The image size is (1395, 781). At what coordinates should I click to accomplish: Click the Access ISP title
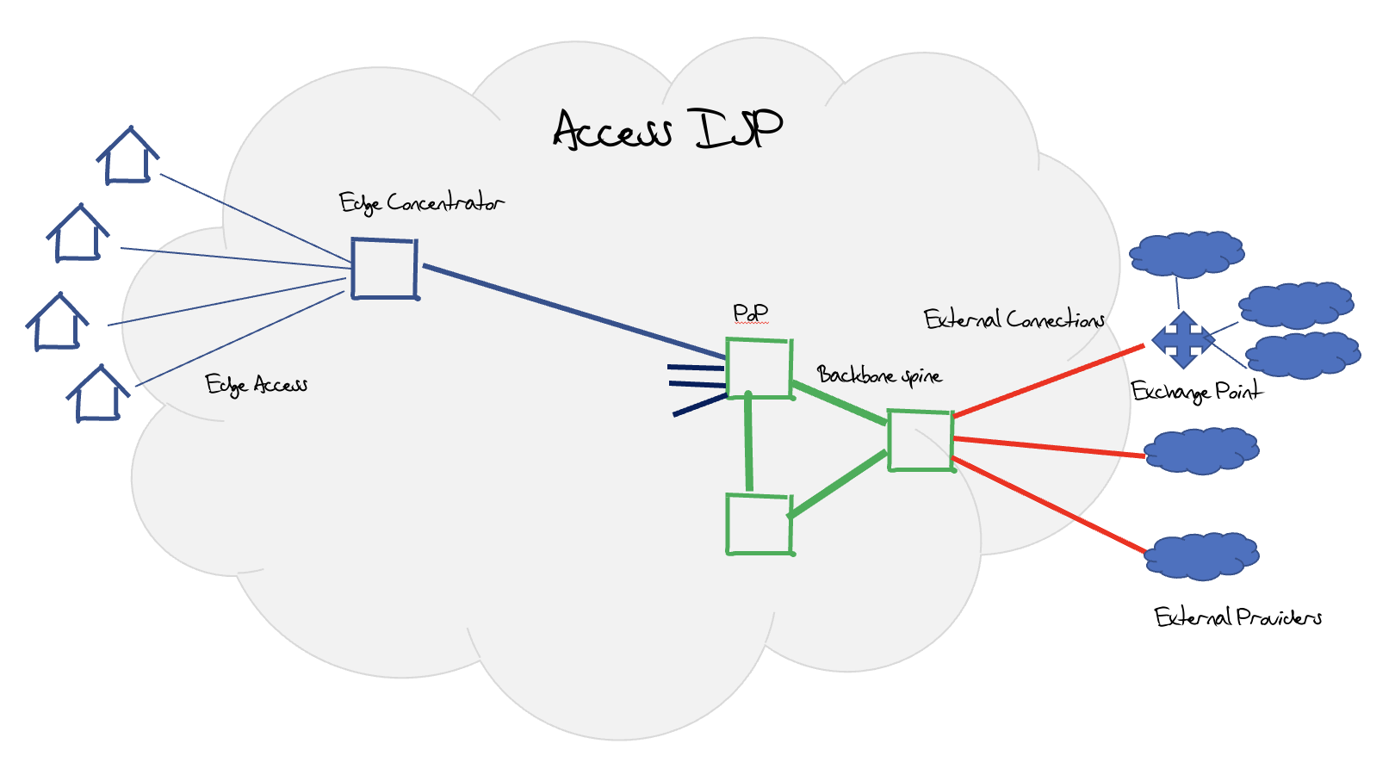click(x=667, y=130)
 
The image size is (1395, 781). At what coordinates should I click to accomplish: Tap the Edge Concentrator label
click(x=421, y=203)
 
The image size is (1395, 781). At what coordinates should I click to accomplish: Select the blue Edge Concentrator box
click(x=384, y=269)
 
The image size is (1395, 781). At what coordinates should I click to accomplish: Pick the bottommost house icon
click(x=98, y=394)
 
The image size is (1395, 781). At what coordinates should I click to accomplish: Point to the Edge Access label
click(x=256, y=385)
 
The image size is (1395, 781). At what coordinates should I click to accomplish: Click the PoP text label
click(x=751, y=313)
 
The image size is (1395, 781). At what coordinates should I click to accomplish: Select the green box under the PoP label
click(x=759, y=369)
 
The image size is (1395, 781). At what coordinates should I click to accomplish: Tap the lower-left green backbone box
click(x=759, y=524)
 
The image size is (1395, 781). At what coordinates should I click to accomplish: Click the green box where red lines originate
click(x=920, y=441)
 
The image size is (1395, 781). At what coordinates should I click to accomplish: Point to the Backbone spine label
click(x=879, y=375)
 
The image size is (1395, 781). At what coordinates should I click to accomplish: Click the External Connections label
click(x=1014, y=319)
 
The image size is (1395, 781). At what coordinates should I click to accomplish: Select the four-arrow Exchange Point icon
click(x=1183, y=339)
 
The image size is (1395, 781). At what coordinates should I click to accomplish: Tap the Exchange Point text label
click(x=1196, y=392)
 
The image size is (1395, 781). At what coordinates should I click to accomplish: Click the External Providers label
click(x=1237, y=617)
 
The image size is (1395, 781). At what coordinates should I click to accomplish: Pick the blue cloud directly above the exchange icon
click(x=1187, y=254)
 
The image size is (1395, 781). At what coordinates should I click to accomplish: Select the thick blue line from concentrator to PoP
click(x=573, y=312)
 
